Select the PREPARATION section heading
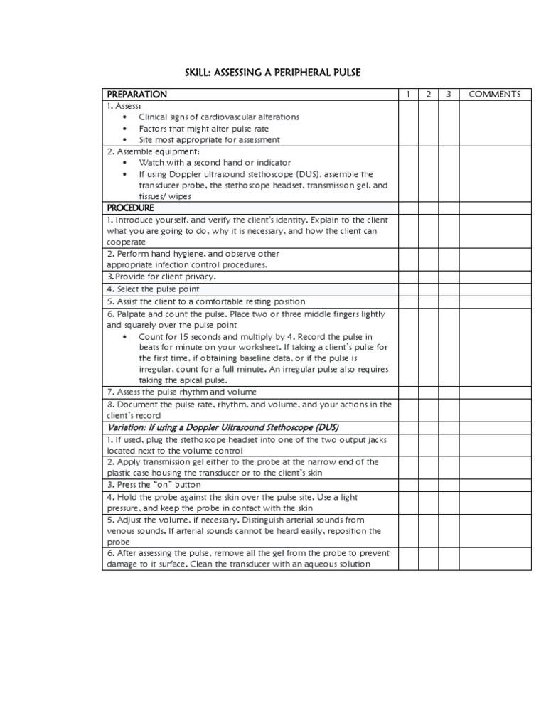(136, 95)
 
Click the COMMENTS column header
(495, 95)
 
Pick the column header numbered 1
(408, 95)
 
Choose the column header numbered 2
(428, 95)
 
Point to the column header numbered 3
(449, 95)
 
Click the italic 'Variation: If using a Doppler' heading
(223, 427)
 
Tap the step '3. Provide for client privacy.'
(161, 277)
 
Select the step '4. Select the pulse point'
(153, 289)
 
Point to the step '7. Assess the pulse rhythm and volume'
(181, 392)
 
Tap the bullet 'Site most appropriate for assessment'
(209, 140)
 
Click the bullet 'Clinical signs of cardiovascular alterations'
(219, 117)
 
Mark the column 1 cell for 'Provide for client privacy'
(408, 277)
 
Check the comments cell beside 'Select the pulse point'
(495, 289)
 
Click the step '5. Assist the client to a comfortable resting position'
(205, 301)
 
